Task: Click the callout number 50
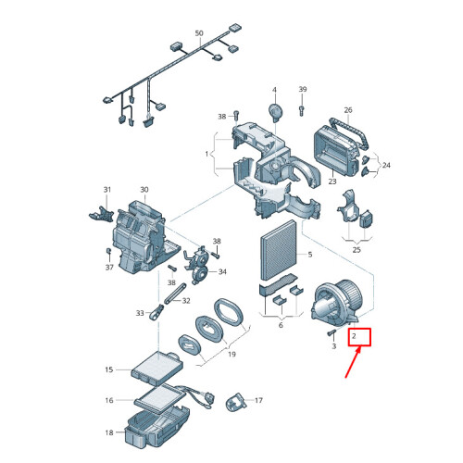(x=199, y=33)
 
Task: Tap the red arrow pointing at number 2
(x=353, y=363)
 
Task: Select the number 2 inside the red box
(x=354, y=335)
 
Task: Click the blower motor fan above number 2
(x=338, y=303)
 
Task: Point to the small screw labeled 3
(x=331, y=333)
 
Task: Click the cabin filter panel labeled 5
(x=279, y=250)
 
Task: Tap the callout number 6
(x=281, y=325)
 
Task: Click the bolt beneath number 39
(x=302, y=109)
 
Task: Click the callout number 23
(x=332, y=181)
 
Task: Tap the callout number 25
(x=357, y=249)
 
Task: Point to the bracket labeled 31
(x=101, y=213)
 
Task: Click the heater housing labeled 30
(x=142, y=239)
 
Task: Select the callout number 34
(x=222, y=271)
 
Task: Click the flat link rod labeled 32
(x=175, y=294)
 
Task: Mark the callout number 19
(x=231, y=354)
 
